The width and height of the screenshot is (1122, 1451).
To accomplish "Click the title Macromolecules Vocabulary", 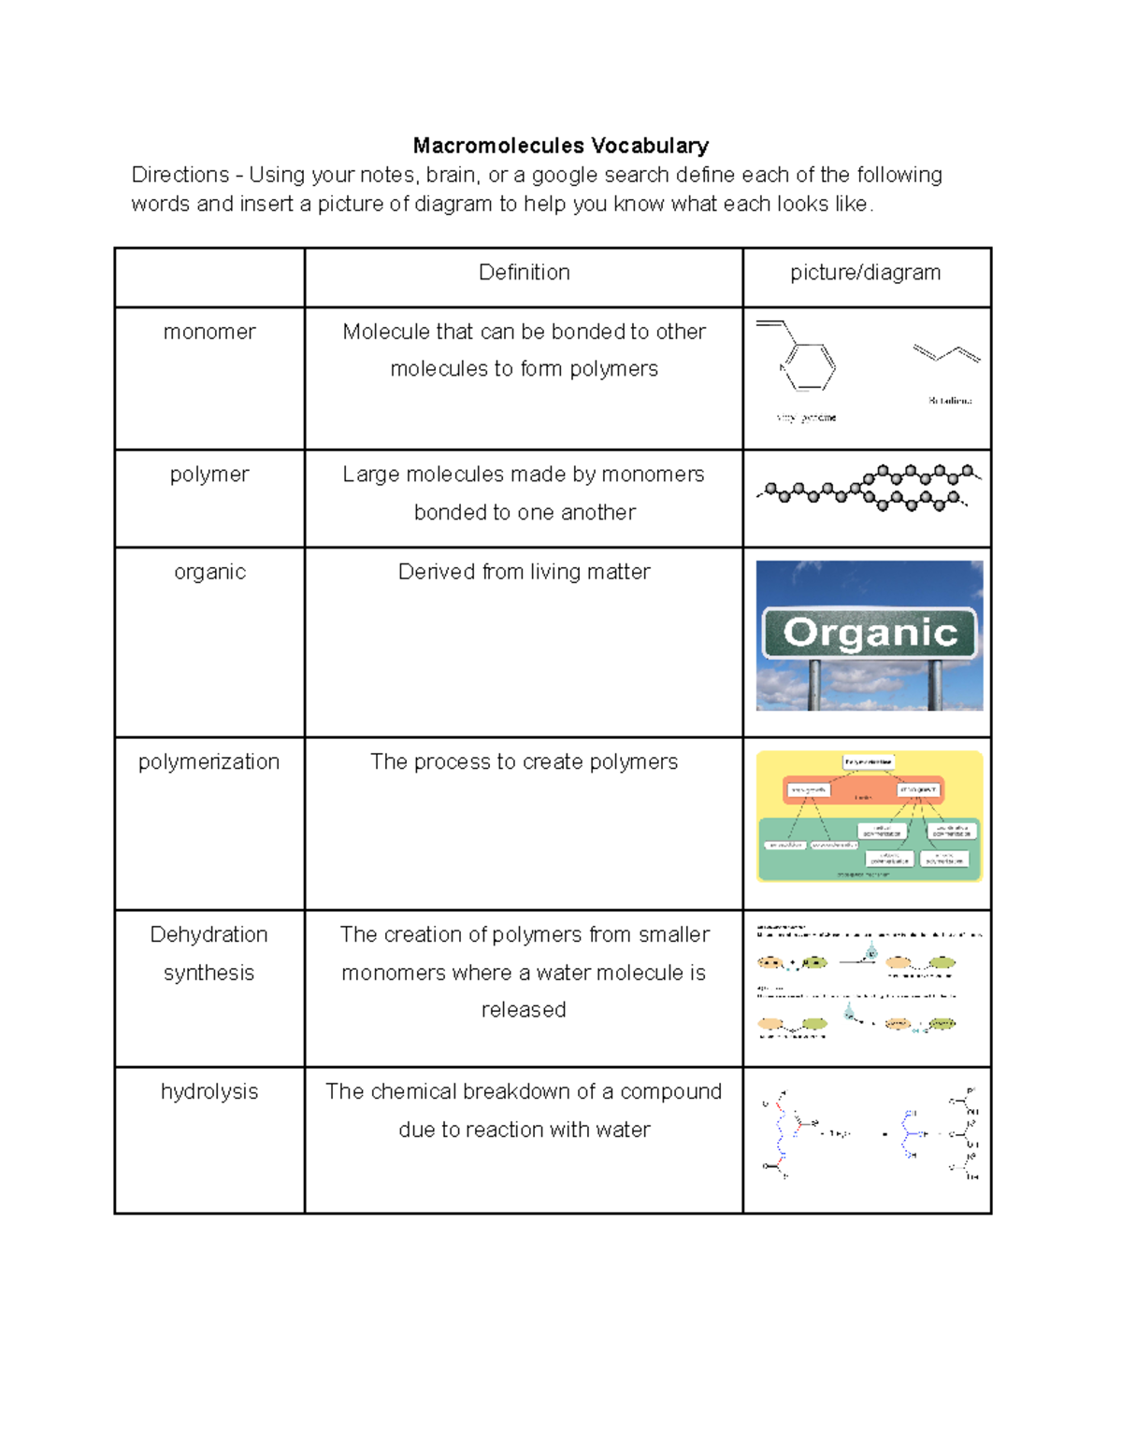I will [x=560, y=146].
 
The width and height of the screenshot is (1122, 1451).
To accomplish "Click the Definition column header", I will [x=524, y=273].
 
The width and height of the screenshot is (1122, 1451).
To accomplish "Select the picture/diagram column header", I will [x=865, y=273].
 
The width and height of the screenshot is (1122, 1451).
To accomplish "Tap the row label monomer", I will [x=209, y=332].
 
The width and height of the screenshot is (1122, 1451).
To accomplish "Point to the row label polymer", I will [x=209, y=475].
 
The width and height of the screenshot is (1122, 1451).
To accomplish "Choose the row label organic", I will [x=209, y=572].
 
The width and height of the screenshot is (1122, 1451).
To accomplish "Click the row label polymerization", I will [x=209, y=761].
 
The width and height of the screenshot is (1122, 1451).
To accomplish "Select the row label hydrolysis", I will [x=209, y=1091].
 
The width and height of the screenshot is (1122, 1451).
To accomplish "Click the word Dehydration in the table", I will [x=209, y=934].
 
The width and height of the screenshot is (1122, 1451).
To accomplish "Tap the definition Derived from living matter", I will [x=524, y=572].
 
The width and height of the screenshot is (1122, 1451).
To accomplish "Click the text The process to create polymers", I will [x=524, y=761].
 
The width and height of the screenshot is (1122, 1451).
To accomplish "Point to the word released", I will [x=524, y=1010].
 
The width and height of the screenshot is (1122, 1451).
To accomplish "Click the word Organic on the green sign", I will [x=870, y=633].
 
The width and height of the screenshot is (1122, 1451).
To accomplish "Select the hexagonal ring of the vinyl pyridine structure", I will [x=810, y=366].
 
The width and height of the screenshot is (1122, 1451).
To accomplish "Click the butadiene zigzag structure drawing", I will [x=946, y=353].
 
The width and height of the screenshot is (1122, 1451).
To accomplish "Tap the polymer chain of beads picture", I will [x=868, y=487].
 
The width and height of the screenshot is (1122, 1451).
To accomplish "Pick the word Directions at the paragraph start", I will [x=180, y=175].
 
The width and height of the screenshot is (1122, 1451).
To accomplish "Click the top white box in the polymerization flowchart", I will [x=869, y=762].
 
